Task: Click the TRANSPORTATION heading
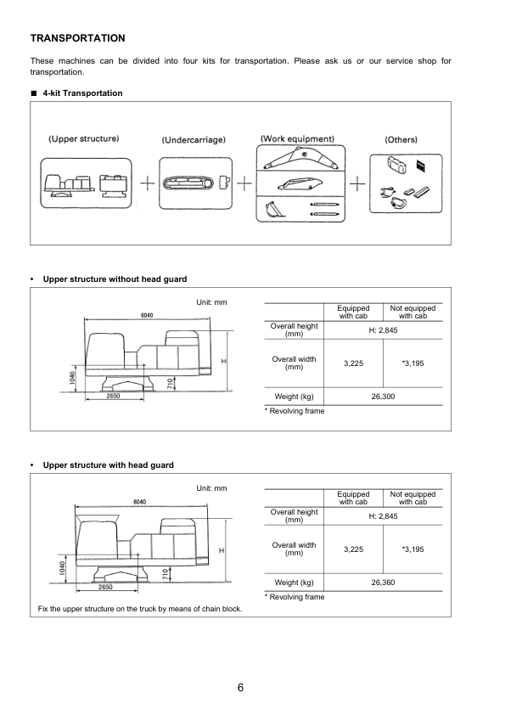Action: point(78,38)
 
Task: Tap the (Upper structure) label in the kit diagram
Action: point(83,138)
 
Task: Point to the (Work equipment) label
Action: point(297,138)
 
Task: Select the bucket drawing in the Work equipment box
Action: point(273,209)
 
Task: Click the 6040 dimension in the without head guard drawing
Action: point(147,315)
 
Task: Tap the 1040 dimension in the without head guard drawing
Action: point(74,376)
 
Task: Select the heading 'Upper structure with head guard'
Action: point(108,465)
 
